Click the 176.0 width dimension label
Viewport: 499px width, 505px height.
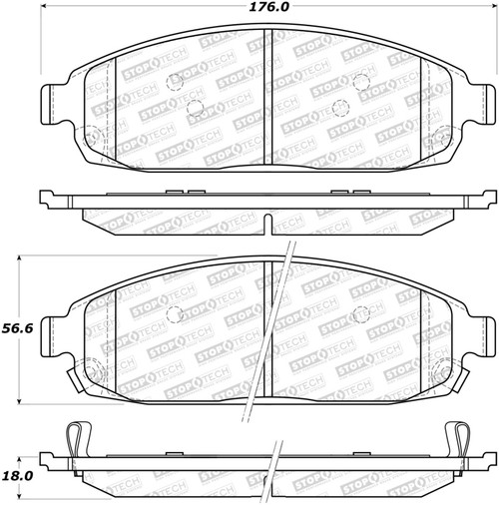tap(269, 7)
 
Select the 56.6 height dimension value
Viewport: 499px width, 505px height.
tap(17, 328)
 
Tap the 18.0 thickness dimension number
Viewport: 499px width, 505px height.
tap(17, 476)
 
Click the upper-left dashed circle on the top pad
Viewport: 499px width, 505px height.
tap(175, 82)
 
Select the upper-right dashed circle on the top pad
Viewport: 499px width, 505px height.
tap(361, 82)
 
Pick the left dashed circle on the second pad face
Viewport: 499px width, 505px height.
tap(175, 314)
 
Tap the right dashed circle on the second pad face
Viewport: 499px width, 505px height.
tap(361, 314)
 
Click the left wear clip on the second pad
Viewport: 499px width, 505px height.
tap(76, 379)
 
